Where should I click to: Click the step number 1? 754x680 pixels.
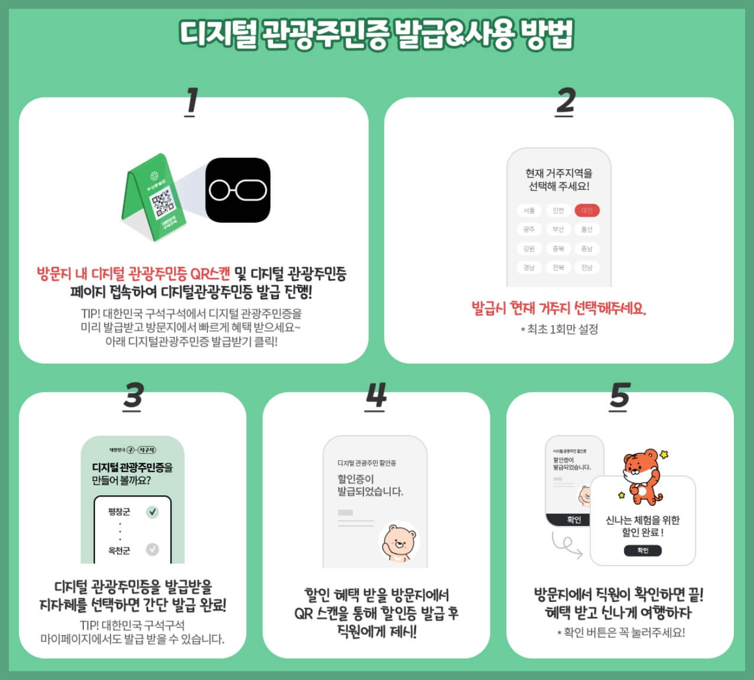pos(191,102)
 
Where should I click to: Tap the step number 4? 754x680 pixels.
pos(376,396)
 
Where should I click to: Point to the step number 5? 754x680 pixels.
pos(620,396)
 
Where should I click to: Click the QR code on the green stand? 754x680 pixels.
pos(162,201)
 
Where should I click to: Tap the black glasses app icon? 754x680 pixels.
pos(238,190)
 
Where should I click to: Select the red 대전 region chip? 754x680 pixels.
pos(587,211)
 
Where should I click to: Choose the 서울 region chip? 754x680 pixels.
pos(529,211)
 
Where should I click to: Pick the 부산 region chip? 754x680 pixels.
pos(558,230)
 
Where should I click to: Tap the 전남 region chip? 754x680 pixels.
pos(587,267)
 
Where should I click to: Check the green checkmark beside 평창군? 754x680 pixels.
pos(152,512)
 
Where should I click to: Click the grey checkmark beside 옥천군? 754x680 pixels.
pos(152,550)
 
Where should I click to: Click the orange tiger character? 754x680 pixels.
pos(642,475)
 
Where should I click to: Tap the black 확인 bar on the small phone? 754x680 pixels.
pos(574,520)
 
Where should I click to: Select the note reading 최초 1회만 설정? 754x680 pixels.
pos(559,329)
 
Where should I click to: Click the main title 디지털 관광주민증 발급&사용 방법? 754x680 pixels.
pos(376,34)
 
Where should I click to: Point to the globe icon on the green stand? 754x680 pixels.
pos(155,176)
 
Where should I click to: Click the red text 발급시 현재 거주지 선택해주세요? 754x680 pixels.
pos(558,308)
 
